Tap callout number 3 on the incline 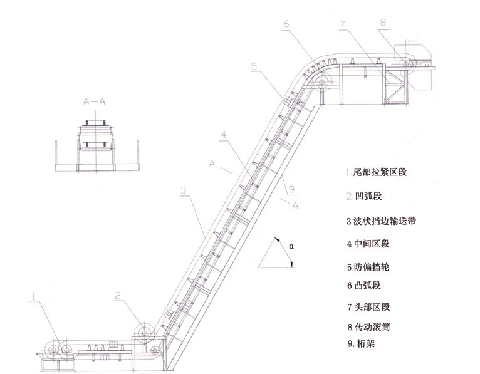[182, 189]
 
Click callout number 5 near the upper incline [254, 65]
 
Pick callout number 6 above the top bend [286, 24]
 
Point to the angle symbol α [292, 247]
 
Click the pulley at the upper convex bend [323, 83]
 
